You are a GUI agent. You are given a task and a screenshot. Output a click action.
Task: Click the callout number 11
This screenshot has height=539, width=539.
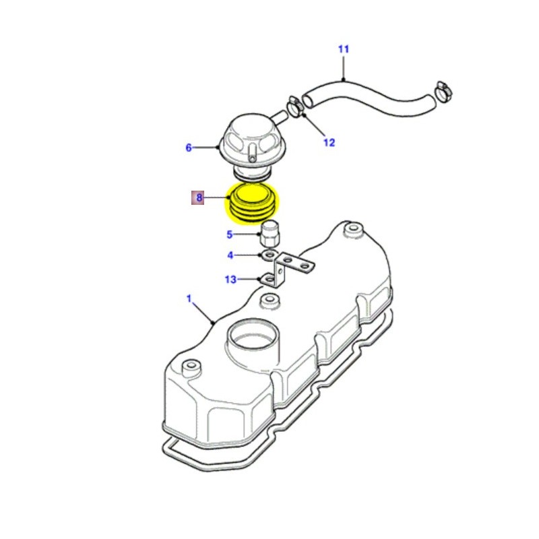[344, 49]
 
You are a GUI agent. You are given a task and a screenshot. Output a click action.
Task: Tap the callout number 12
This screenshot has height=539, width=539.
[328, 142]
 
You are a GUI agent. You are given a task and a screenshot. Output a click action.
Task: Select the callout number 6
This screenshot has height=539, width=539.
[189, 148]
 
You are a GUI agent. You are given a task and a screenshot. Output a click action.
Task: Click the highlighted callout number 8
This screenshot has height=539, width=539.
[199, 198]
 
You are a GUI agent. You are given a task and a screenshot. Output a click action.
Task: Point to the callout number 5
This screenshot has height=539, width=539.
[229, 235]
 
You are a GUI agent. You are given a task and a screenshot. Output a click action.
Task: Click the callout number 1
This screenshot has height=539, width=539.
[189, 298]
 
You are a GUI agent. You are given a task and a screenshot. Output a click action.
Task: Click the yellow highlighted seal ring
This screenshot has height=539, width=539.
[253, 204]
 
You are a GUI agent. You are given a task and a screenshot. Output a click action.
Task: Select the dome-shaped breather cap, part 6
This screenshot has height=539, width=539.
[250, 137]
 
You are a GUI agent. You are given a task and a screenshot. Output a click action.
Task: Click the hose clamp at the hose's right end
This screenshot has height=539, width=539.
[443, 89]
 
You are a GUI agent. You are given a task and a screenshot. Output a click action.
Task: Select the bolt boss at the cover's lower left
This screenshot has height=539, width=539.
[191, 367]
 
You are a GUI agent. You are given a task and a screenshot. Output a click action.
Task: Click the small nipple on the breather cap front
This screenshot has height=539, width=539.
[252, 152]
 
